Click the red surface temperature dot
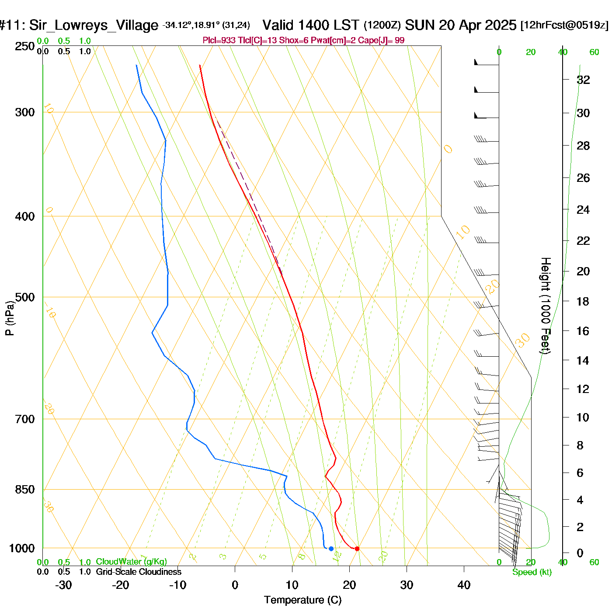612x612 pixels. coord(357,549)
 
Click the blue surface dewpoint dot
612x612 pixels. coord(331,549)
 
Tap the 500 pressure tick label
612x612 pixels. coord(25,297)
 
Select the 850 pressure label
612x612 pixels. coord(25,490)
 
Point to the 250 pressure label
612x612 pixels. coord(25,46)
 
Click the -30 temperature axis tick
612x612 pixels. coord(63,585)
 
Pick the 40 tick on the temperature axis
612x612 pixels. coord(464,585)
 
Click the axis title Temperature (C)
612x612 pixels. coord(303,600)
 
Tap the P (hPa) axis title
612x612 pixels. coord(10,318)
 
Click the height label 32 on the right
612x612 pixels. coord(583,80)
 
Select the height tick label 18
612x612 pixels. coord(583,301)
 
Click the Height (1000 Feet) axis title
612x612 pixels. coord(546,306)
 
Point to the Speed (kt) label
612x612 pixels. coord(532,572)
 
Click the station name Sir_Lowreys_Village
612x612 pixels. coord(94,25)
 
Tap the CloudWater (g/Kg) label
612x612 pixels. coord(131,562)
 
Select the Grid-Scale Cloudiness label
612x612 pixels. coord(139,572)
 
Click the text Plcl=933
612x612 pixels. coord(219,41)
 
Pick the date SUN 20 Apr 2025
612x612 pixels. coord(460,25)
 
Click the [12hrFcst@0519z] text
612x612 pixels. coord(564,25)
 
